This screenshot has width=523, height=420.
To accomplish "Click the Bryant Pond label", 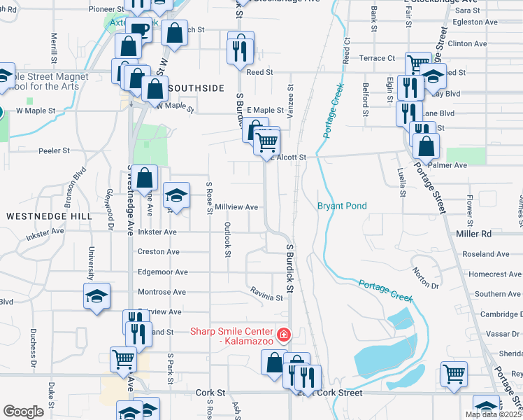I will pyautogui.click(x=342, y=206).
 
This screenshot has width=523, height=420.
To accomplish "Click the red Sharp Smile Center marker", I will pyautogui.click(x=283, y=335).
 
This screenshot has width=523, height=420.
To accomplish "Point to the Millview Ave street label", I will pyautogui.click(x=237, y=207).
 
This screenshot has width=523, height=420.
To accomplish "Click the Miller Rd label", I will pyautogui.click(x=473, y=233).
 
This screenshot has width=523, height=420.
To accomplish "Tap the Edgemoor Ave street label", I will pyautogui.click(x=162, y=272).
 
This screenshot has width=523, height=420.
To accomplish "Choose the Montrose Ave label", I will pyautogui.click(x=162, y=291).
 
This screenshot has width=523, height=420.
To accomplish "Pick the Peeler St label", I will pyautogui.click(x=55, y=150).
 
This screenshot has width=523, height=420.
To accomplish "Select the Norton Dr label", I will pyautogui.click(x=425, y=279).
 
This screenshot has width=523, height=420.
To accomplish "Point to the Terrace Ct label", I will pyautogui.click(x=377, y=58).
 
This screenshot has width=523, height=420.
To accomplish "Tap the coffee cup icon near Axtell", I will pyautogui.click(x=139, y=29).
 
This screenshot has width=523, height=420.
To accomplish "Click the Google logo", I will pyautogui.click(x=23, y=412).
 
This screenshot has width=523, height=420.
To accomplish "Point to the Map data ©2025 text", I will pyautogui.click(x=494, y=414).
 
